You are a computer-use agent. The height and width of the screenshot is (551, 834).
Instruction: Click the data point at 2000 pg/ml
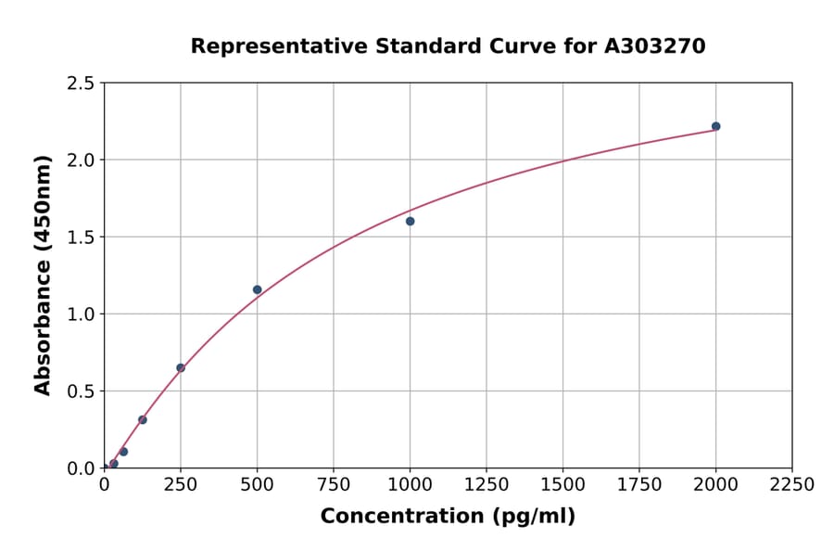tap(715, 126)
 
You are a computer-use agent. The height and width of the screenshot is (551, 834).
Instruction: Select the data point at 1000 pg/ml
tap(410, 221)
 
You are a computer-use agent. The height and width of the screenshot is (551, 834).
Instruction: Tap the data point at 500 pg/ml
tap(257, 289)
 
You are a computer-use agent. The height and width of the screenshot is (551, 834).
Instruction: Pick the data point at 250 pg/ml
tap(181, 368)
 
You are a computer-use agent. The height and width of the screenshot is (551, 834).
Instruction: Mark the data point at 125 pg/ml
tap(142, 419)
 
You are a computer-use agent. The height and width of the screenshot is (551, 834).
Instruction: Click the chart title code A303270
tap(655, 46)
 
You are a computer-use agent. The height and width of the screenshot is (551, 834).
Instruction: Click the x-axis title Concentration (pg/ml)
tap(448, 517)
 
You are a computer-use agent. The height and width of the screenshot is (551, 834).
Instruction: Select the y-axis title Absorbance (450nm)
tap(43, 275)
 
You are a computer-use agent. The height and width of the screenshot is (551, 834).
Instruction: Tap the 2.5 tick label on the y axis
tap(81, 83)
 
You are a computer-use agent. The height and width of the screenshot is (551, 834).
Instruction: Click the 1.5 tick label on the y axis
tap(81, 237)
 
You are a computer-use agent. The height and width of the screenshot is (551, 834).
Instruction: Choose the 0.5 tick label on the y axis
tap(81, 391)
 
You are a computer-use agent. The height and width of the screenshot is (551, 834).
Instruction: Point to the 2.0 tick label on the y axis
tap(81, 160)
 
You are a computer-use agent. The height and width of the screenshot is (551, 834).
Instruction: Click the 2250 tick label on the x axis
tap(792, 485)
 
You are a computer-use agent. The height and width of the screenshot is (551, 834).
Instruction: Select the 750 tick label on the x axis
tap(334, 485)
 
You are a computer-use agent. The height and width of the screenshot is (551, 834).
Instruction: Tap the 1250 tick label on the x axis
tap(486, 485)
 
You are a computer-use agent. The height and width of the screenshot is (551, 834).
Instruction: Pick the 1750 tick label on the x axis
tap(639, 485)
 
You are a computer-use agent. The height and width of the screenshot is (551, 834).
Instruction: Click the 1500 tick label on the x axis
tap(562, 485)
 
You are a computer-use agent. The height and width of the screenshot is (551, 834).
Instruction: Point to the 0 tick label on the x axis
tap(104, 485)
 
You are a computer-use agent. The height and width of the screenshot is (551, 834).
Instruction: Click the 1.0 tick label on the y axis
tap(81, 314)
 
